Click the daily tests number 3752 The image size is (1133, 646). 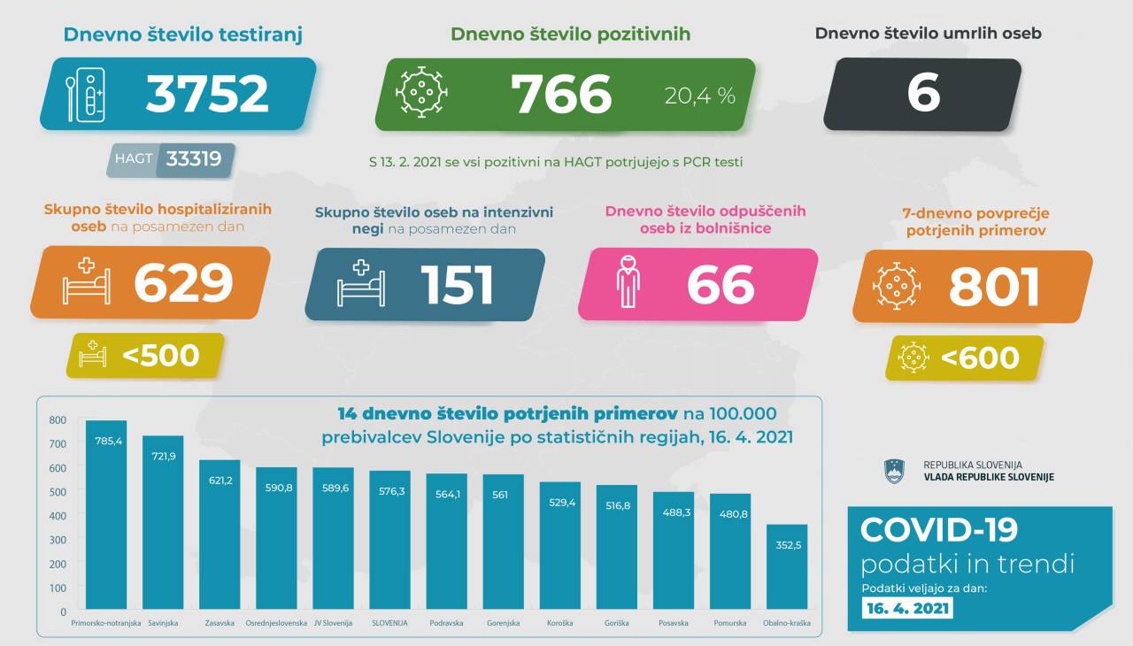pyautogui.click(x=207, y=94)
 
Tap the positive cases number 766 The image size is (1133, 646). pyautogui.click(x=561, y=94)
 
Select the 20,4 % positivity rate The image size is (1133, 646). pyautogui.click(x=700, y=96)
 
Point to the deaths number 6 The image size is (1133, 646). pyautogui.click(x=923, y=94)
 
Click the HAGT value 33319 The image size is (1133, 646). pyautogui.click(x=193, y=160)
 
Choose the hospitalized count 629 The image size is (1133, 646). pyautogui.click(x=183, y=283)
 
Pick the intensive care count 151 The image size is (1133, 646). pyautogui.click(x=457, y=285)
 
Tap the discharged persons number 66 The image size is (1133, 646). pyautogui.click(x=721, y=285)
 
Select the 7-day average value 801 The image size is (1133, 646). pyautogui.click(x=994, y=287)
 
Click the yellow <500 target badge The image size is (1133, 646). pyautogui.click(x=146, y=356)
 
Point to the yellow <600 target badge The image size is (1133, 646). pyautogui.click(x=965, y=358)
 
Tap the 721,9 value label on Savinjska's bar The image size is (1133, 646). pyautogui.click(x=163, y=454)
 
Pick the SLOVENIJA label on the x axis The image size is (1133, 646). pyautogui.click(x=389, y=623)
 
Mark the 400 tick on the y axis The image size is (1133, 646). pyautogui.click(x=58, y=515)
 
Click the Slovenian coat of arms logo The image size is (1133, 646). pyautogui.click(x=894, y=471)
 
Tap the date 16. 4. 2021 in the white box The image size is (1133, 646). pyautogui.click(x=908, y=608)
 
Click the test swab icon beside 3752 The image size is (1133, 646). pyautogui.click(x=86, y=95)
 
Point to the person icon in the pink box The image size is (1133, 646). pyautogui.click(x=628, y=282)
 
